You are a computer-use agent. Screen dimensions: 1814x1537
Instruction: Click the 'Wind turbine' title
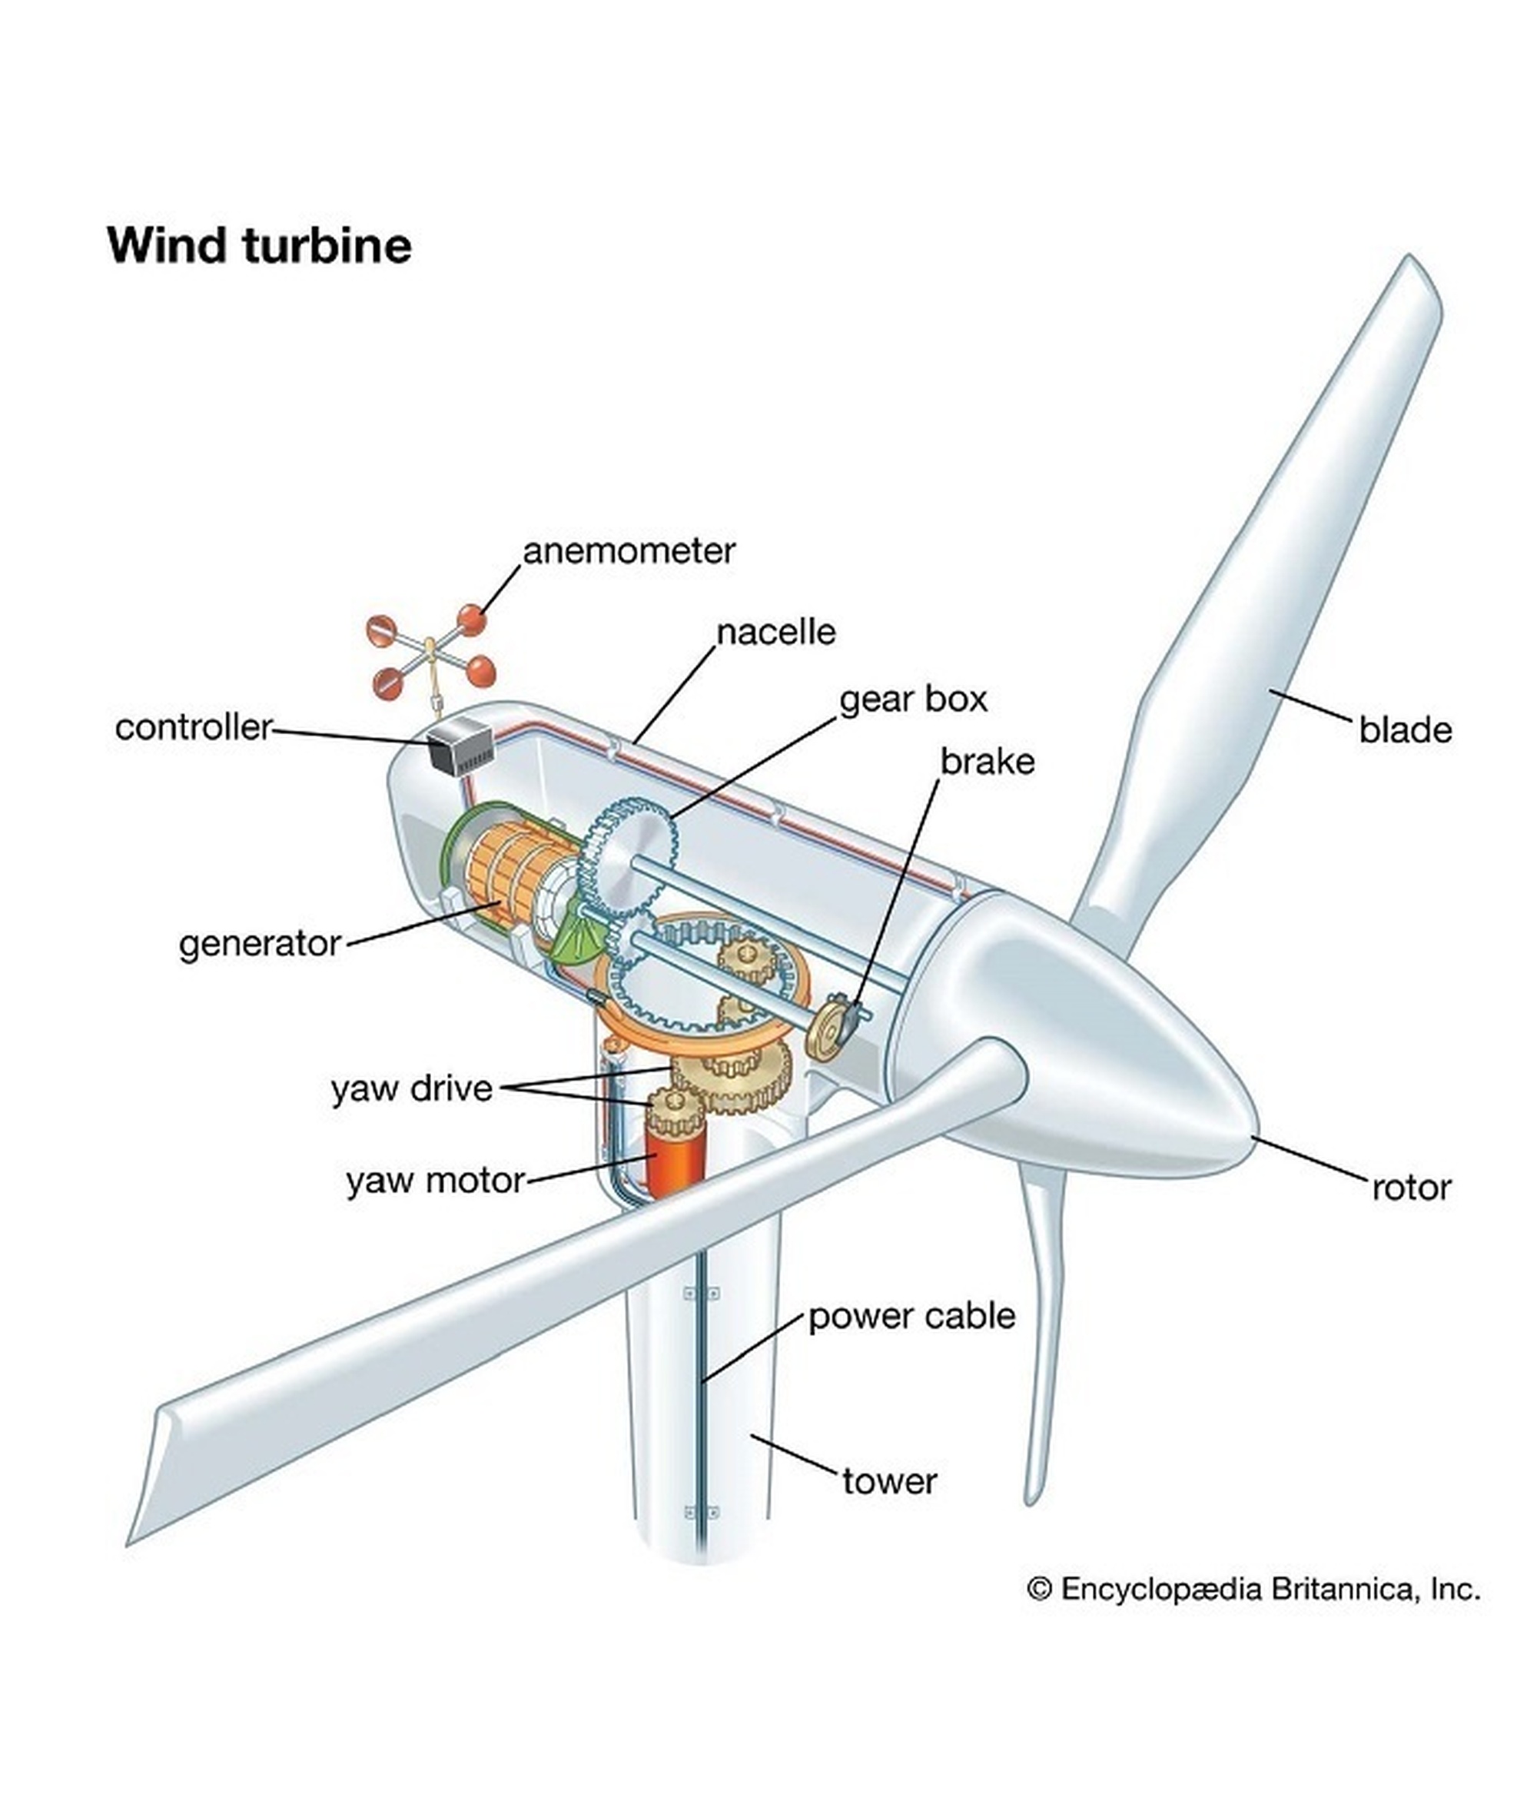pos(259,246)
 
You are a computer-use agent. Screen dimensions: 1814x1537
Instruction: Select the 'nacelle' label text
pos(775,633)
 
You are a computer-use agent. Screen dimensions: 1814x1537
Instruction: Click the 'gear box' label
pos(912,699)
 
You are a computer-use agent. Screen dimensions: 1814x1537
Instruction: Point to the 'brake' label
pos(988,762)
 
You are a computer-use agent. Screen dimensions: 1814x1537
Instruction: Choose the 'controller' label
pos(194,727)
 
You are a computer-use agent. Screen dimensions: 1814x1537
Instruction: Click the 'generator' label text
pos(260,944)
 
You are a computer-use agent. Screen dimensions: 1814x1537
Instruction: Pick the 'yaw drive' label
pos(411,1089)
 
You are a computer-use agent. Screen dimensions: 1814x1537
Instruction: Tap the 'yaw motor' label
pos(435,1181)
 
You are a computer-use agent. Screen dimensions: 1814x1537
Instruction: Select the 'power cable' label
pos(911,1316)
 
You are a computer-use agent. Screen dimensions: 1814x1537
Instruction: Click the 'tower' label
pos(888,1481)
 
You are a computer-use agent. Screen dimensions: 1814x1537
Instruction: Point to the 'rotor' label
pos(1411,1188)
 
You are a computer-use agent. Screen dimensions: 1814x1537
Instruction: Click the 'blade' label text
pos(1405,731)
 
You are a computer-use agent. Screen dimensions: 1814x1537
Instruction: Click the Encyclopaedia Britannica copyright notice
pos(1253,1590)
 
